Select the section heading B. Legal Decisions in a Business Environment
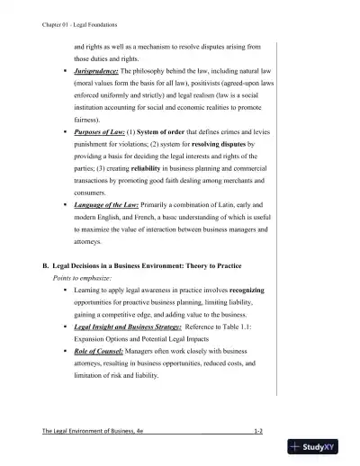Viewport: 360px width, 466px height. point(149,267)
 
